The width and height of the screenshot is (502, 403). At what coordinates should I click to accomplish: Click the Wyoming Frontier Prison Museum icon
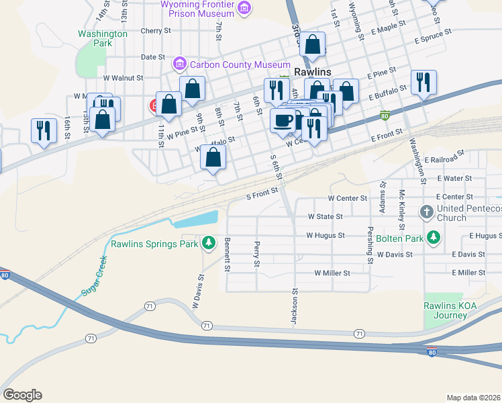244,8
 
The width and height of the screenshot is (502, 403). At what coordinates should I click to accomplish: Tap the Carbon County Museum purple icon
179,64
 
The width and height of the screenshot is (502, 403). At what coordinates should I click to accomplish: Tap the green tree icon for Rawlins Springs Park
209,242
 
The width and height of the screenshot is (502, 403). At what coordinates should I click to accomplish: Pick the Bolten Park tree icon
434,237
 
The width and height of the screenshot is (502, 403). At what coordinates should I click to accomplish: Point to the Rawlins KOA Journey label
445,310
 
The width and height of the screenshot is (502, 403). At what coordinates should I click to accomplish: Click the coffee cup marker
282,120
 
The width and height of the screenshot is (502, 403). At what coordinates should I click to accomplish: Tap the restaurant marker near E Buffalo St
423,82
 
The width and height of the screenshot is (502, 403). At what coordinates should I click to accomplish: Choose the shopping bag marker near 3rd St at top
312,44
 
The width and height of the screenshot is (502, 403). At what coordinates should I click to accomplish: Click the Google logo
22,395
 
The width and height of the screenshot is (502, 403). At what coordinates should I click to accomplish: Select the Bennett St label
228,255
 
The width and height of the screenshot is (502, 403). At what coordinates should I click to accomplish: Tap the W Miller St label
332,273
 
